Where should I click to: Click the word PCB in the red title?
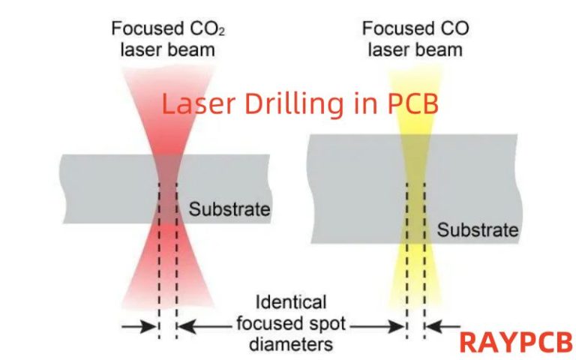412,103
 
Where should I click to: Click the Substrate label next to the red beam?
229,208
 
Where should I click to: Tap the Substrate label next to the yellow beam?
478,229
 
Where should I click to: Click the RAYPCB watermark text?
515,341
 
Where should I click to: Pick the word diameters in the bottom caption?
292,344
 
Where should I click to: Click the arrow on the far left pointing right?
139,326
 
